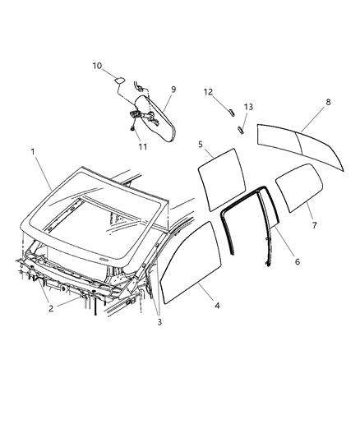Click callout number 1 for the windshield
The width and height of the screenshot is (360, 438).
click(33, 151)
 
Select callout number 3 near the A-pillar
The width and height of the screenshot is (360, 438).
click(159, 321)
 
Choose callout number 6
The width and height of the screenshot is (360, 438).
click(297, 261)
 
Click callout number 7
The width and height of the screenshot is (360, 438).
click(313, 224)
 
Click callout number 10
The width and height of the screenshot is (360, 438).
click(97, 65)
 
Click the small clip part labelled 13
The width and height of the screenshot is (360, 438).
click(242, 127)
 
